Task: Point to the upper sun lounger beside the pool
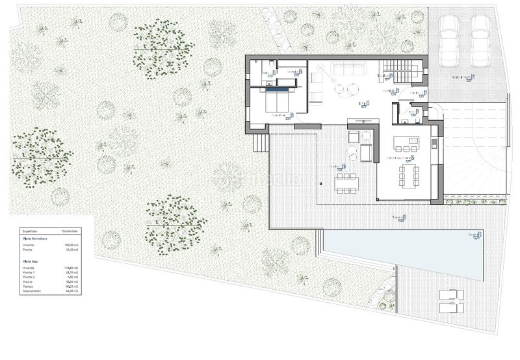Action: point(451,294)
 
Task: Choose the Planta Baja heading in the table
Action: point(31,259)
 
